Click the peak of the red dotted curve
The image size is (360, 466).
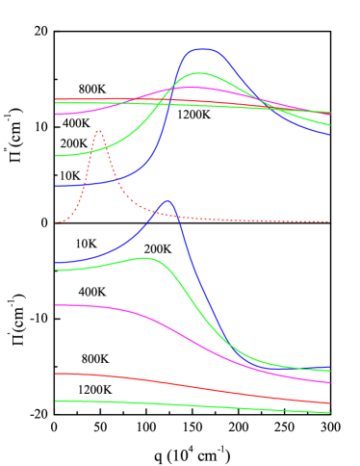98,130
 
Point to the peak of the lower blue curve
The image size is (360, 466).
167,200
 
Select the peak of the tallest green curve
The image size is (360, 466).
199,73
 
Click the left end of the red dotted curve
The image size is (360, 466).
56,222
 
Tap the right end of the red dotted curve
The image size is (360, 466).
329,221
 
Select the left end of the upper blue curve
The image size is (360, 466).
56,185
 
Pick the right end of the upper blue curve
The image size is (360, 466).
329,135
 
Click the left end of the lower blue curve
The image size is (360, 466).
56,263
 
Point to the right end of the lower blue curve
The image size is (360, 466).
329,368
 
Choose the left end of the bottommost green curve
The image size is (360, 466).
56,401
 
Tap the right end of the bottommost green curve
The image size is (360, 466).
329,412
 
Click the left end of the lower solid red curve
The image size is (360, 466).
56,373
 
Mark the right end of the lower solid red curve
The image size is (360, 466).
329,402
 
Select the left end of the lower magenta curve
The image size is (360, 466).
56,305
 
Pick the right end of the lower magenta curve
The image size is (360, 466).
329,382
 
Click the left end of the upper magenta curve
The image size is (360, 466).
56,115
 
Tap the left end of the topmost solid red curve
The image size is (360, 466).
56,99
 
